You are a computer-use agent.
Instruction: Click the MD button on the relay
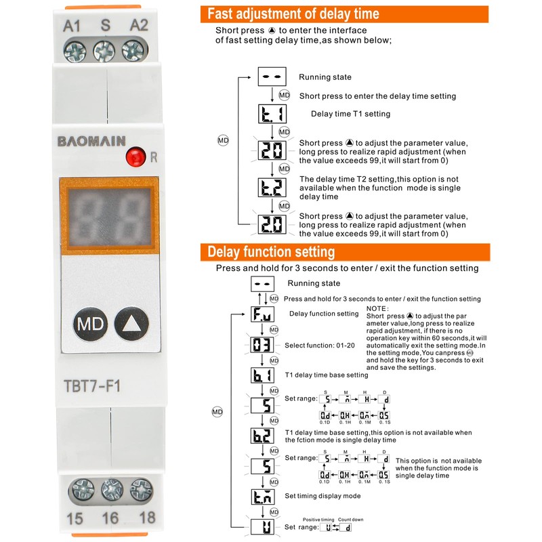click(88, 323)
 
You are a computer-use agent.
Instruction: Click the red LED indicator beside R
click(136, 158)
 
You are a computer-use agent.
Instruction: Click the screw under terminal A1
click(73, 49)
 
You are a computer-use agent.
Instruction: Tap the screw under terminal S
click(104, 49)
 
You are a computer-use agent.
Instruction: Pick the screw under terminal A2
click(134, 49)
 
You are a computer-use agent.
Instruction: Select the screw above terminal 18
click(142, 489)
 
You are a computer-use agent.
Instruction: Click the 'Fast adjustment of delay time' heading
click(293, 14)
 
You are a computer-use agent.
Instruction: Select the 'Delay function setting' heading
click(271, 253)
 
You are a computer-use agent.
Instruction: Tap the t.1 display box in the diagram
click(271, 113)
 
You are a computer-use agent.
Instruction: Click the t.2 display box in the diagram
click(271, 187)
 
